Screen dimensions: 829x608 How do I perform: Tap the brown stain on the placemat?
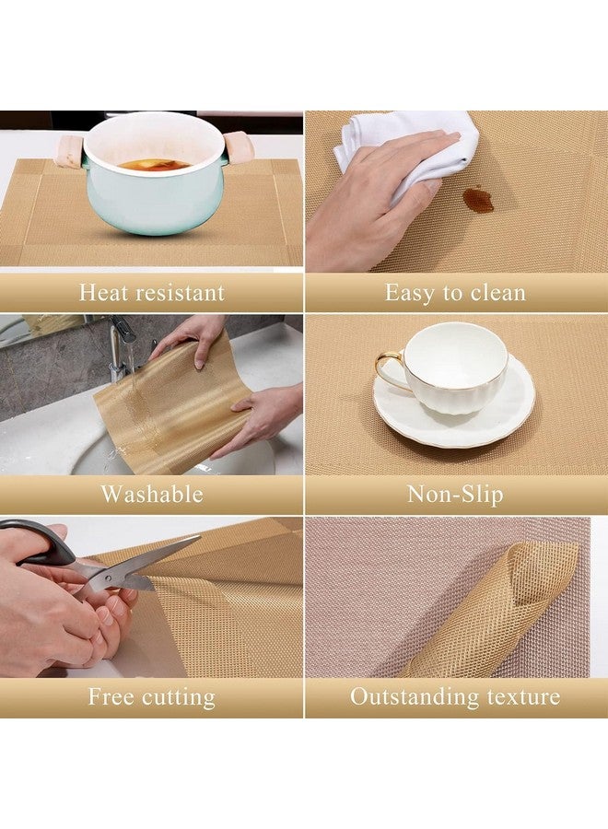(477, 199)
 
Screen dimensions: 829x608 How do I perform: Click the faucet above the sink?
(121, 345)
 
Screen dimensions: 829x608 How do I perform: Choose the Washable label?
(151, 495)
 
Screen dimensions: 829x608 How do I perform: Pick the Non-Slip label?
(455, 495)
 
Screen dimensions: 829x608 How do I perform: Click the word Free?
(111, 696)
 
